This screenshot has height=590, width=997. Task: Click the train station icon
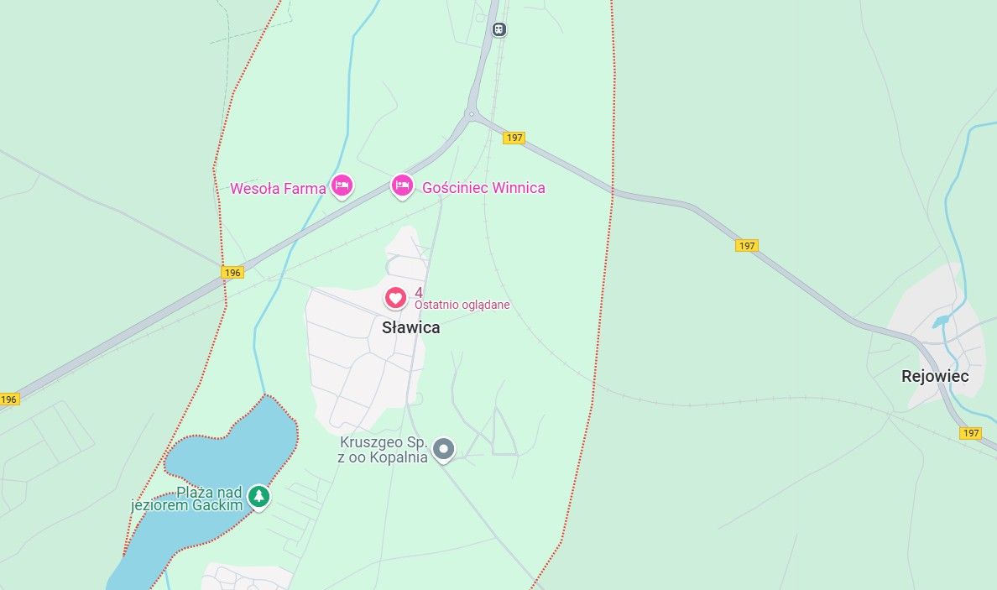coord(499,29)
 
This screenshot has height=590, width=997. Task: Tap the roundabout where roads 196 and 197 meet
coord(472,114)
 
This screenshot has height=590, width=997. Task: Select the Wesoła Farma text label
coord(278,189)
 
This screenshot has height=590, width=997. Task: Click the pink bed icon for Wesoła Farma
coord(341,185)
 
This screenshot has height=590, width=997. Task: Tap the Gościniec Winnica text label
coord(483,188)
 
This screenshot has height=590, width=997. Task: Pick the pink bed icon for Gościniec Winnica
coord(402,185)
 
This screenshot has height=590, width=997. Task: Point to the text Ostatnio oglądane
coord(462,305)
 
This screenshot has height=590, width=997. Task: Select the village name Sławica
coord(410,328)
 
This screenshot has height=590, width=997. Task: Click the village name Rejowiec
coord(935,376)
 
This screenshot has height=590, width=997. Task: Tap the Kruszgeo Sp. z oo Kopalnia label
coord(384,449)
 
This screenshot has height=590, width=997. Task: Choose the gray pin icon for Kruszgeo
coord(443,450)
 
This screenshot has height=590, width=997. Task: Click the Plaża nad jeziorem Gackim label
coord(188,499)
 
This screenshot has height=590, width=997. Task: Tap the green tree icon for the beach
coord(259,497)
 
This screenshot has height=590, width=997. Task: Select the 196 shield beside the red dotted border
coord(232,273)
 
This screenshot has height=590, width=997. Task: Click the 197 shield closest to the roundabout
coord(514,138)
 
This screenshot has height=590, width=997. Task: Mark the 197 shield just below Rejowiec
coord(970,433)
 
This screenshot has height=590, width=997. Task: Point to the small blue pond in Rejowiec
coord(941,321)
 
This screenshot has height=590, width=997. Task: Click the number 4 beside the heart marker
coord(419,292)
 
